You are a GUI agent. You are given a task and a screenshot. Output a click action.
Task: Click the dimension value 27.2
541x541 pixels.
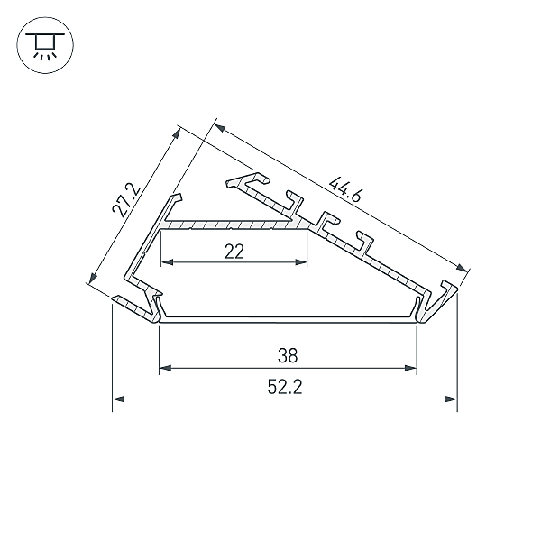click(125, 200)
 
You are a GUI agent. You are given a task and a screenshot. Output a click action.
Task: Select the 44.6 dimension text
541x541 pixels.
click(346, 196)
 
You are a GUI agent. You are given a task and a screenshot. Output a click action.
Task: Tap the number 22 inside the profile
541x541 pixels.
click(234, 252)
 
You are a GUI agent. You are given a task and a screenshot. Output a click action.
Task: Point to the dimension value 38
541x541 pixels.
click(289, 354)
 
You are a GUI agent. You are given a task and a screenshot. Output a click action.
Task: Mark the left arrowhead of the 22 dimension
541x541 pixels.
click(165, 263)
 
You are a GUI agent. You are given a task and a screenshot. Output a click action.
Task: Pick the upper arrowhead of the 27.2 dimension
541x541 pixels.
click(177, 133)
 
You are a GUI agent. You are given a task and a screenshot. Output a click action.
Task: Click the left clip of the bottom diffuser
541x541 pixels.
click(158, 307)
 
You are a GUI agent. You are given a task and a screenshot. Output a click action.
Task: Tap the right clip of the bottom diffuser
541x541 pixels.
click(420, 307)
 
